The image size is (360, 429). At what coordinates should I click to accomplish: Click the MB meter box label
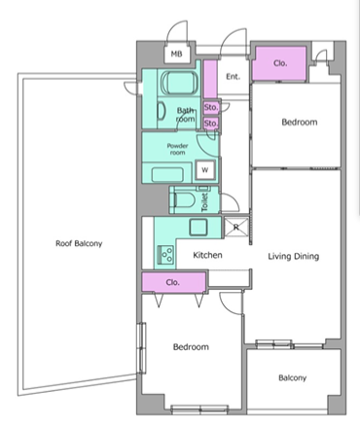(x=176, y=54)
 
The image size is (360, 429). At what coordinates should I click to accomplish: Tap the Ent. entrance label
(x=233, y=77)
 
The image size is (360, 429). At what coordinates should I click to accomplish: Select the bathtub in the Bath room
(x=179, y=83)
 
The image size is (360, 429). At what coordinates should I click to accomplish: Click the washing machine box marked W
(x=205, y=170)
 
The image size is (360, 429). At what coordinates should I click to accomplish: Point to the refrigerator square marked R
(x=236, y=227)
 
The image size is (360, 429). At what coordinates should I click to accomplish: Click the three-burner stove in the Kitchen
(x=165, y=255)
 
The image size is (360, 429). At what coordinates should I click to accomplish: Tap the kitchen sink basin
(x=198, y=227)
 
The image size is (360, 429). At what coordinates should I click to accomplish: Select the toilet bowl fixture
(x=184, y=200)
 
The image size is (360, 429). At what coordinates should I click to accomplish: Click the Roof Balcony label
(x=79, y=243)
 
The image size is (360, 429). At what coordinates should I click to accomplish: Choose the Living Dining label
(x=294, y=257)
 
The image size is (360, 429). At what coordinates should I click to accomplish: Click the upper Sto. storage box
(x=211, y=107)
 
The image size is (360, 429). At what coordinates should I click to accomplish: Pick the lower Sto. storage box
(x=211, y=124)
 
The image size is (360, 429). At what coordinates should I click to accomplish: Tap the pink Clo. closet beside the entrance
(x=280, y=63)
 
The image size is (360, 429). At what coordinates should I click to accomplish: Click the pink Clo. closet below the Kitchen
(x=173, y=282)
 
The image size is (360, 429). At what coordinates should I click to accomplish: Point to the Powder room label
(x=177, y=149)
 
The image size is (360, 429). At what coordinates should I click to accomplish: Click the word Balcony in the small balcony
(x=293, y=378)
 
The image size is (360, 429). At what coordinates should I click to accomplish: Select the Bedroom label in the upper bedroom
(x=300, y=123)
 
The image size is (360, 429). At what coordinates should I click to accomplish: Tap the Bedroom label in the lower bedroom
(x=191, y=347)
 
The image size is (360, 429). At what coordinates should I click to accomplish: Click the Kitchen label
(x=207, y=255)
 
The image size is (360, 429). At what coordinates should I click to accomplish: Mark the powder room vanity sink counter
(x=167, y=175)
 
